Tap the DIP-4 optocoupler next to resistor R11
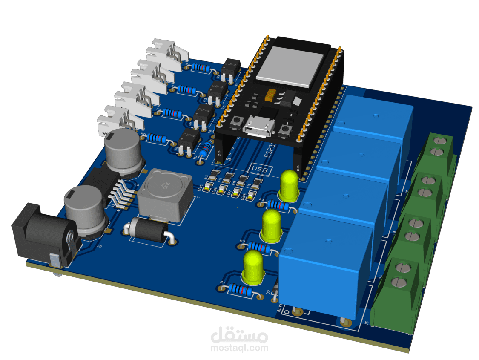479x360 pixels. (x=188, y=140)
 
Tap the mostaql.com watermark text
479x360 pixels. (x=239, y=347)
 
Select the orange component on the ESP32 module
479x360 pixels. (x=270, y=95)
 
